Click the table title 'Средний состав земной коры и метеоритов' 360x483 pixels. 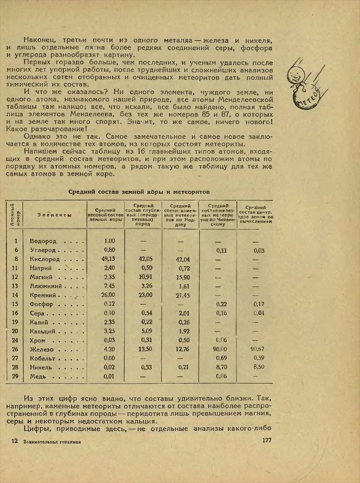pos(139,192)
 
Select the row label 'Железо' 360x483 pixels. pos(42,349)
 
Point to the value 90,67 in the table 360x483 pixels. pos(257,349)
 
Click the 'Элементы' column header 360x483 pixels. pos(55,215)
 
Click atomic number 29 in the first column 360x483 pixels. pos(16,376)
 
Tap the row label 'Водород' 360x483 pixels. pos(43,241)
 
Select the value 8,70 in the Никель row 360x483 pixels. pos(221,367)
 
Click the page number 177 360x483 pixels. pos(267,440)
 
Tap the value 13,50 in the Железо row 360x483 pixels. pos(145,349)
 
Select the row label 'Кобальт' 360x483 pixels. pos(43,359)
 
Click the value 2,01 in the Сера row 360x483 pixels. pos(184,313)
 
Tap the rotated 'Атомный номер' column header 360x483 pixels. pos(15,214)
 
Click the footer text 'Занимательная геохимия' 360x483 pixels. pos(52,442)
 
